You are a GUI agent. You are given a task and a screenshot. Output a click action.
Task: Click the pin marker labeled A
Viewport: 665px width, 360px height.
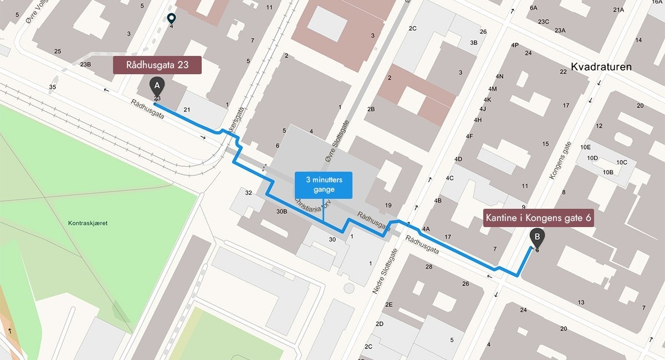(x=157, y=86)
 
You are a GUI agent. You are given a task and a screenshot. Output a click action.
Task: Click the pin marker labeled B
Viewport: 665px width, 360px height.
(x=536, y=238)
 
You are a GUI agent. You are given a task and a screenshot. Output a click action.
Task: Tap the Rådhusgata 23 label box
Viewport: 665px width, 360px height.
(x=157, y=65)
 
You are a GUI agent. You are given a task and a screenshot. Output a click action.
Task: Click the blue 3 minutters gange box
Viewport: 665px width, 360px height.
(x=323, y=185)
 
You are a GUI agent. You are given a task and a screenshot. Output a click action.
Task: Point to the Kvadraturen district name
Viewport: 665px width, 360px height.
(x=601, y=67)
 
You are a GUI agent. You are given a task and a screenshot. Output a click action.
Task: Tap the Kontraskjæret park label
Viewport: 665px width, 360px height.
(x=88, y=223)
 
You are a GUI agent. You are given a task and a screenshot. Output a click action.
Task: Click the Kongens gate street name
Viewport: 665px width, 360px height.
(x=560, y=160)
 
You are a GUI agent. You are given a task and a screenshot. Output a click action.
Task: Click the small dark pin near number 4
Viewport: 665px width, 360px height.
(x=171, y=18)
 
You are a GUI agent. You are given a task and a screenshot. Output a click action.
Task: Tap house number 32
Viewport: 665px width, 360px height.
(x=248, y=193)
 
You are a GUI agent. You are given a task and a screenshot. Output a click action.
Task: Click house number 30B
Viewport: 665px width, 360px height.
(x=282, y=212)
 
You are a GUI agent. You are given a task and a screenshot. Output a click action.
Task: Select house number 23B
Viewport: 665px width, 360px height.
(x=85, y=64)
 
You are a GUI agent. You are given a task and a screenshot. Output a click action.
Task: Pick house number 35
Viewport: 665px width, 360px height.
(x=52, y=87)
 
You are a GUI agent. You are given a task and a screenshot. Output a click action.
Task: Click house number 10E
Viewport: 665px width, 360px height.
(x=585, y=147)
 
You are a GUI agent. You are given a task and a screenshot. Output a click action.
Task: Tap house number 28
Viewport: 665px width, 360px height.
(x=428, y=267)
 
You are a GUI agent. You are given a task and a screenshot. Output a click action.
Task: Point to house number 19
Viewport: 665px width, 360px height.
(x=388, y=205)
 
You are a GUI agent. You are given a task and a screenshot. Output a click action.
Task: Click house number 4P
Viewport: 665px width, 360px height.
(x=515, y=45)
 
